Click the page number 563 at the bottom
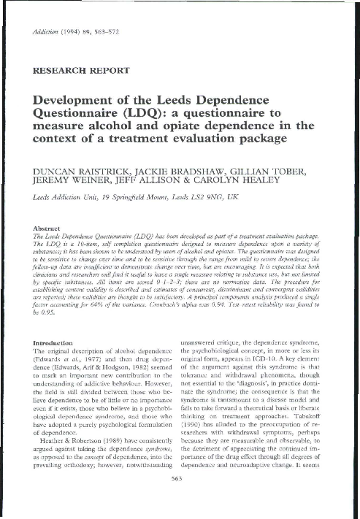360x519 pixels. (180, 499)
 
